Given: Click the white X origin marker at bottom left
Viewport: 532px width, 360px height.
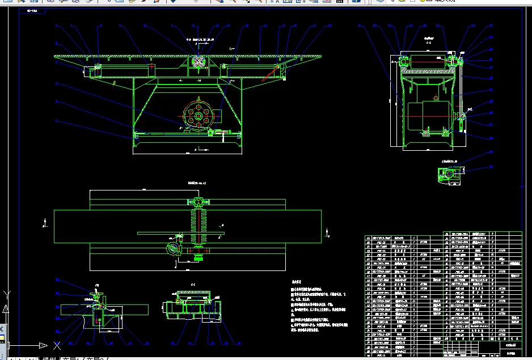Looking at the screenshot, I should [57, 345].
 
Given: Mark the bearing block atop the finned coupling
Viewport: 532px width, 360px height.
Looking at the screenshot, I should [198, 202].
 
